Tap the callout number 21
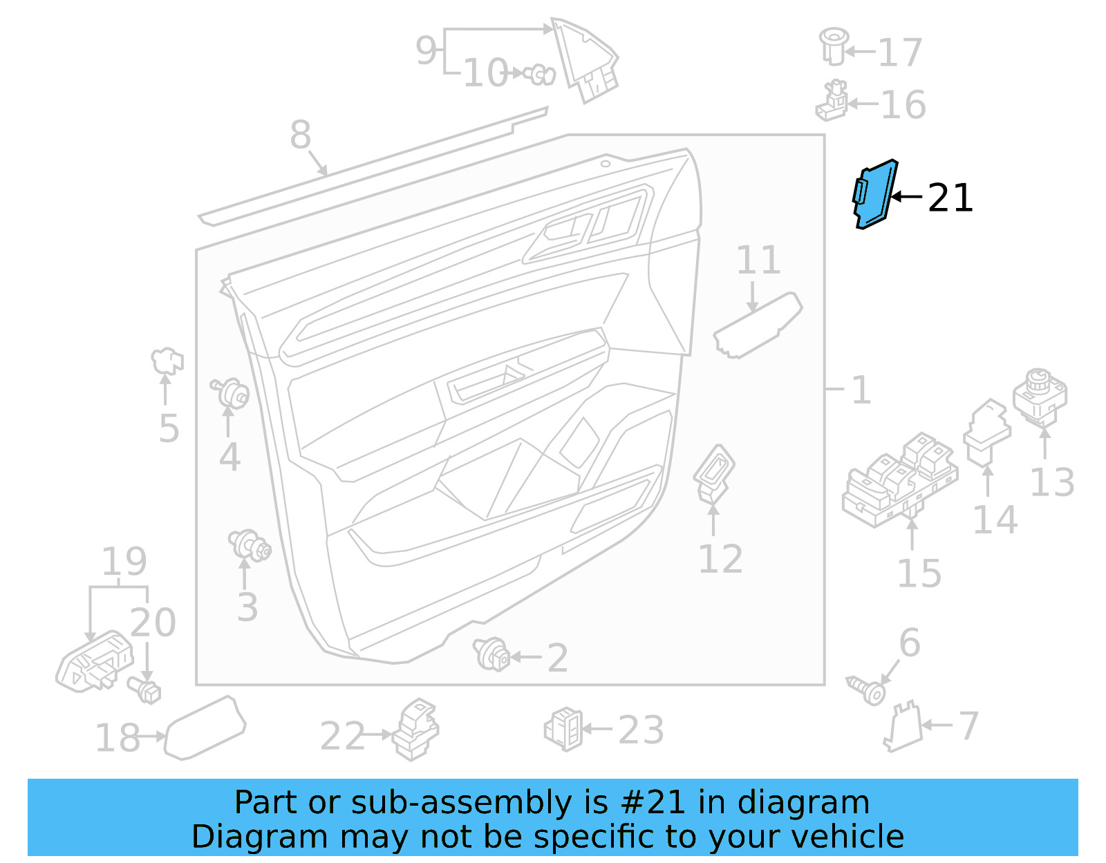(x=950, y=198)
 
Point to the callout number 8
(x=300, y=135)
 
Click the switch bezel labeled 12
(x=714, y=473)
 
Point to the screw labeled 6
(x=867, y=689)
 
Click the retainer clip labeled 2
(x=491, y=654)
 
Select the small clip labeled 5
(x=167, y=360)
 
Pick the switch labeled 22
(x=415, y=730)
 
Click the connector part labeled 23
(x=564, y=729)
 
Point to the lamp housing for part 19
(x=94, y=661)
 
